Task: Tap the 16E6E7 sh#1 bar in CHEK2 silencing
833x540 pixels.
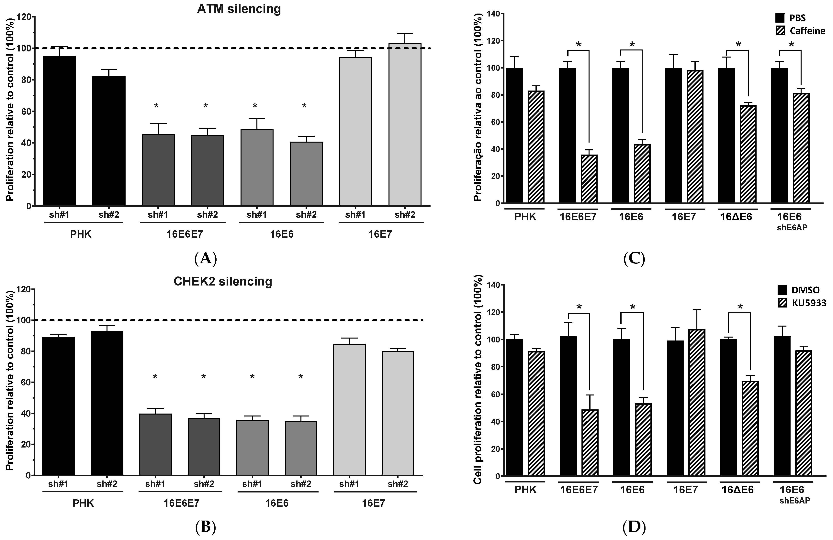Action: [155, 444]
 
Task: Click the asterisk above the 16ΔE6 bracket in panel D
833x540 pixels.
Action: [740, 307]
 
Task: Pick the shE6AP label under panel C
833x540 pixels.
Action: [794, 228]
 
